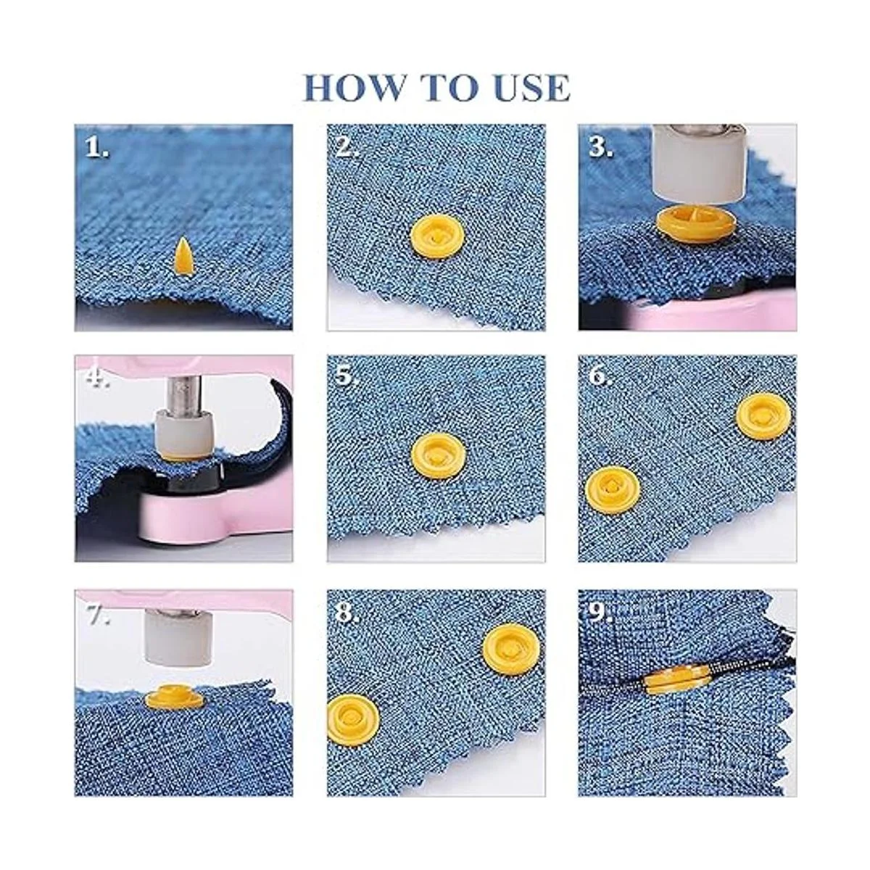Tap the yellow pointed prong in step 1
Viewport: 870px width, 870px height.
click(181, 256)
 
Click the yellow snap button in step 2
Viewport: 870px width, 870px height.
click(436, 237)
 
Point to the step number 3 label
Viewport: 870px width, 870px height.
click(600, 146)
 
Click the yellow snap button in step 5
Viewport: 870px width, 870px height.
click(439, 455)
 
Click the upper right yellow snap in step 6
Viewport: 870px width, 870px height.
click(763, 416)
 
